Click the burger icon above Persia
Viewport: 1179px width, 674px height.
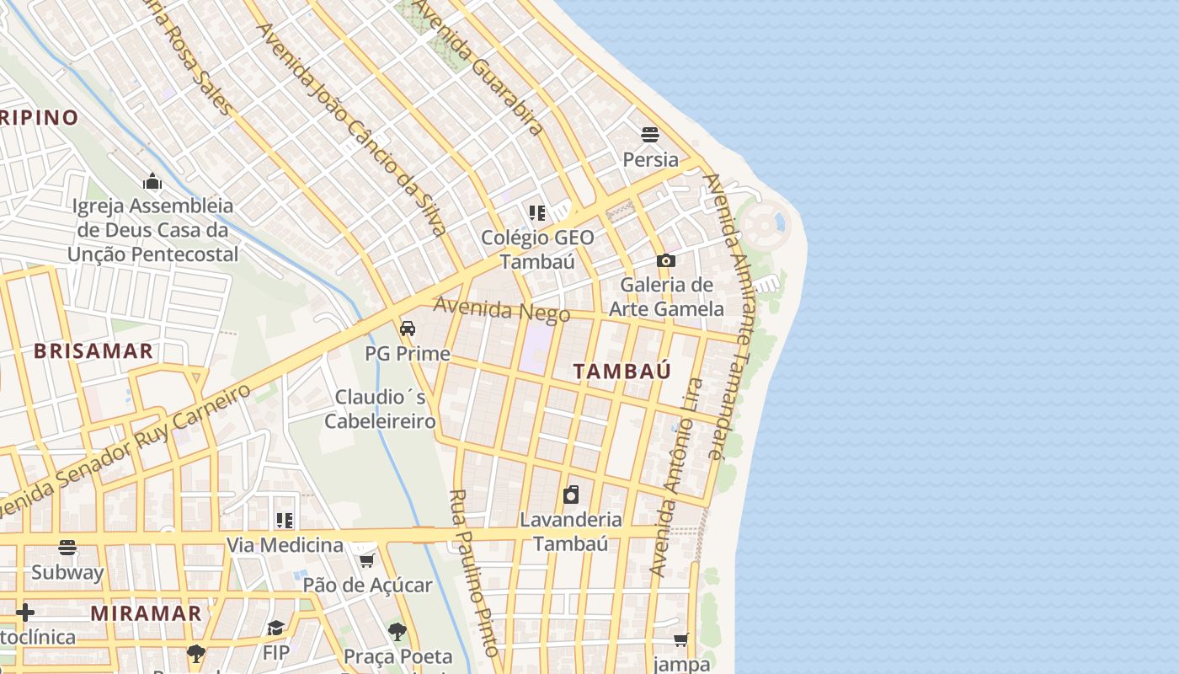click(x=649, y=135)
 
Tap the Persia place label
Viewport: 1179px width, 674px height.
click(x=650, y=159)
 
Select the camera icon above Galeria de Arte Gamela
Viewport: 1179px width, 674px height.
click(x=666, y=261)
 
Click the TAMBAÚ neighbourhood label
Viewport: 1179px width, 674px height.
click(x=622, y=371)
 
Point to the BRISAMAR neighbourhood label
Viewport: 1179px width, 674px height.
click(x=93, y=351)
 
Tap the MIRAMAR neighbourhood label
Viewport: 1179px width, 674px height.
click(x=146, y=613)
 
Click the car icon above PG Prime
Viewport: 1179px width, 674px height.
click(x=408, y=329)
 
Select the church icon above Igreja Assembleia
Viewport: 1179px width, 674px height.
click(x=152, y=181)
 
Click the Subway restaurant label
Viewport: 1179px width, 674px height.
click(x=67, y=573)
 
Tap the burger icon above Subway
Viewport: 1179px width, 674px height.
click(x=67, y=548)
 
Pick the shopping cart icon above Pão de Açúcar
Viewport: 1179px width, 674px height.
click(x=366, y=560)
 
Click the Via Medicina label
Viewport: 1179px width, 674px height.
click(x=285, y=545)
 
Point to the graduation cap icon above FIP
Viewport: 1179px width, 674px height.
click(x=275, y=628)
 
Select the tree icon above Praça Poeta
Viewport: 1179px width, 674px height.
click(x=397, y=631)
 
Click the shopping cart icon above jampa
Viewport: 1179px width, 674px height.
click(x=681, y=639)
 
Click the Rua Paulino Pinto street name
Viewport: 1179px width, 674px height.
click(x=476, y=573)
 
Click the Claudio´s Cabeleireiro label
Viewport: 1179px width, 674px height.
click(x=380, y=409)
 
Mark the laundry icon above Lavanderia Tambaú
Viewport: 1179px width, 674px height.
click(x=571, y=494)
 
